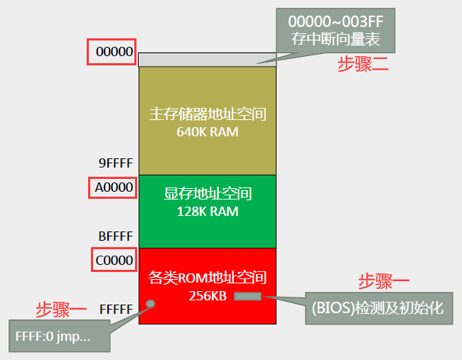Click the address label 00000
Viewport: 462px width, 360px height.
[x=112, y=52]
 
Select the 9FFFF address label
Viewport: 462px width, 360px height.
[x=116, y=163]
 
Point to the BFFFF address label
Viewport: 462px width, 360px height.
[x=116, y=236]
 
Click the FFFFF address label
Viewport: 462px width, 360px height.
[x=116, y=310]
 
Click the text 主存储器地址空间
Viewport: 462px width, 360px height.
[x=208, y=114]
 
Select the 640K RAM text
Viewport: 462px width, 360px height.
[x=208, y=132]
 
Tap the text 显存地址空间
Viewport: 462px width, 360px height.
[x=208, y=194]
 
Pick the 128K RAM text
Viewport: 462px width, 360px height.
[x=208, y=212]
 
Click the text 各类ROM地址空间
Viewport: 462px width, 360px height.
[x=208, y=277]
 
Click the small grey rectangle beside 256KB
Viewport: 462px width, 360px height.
[x=248, y=295]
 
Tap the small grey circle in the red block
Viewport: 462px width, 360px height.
[x=151, y=304]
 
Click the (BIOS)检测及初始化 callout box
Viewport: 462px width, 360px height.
[x=378, y=310]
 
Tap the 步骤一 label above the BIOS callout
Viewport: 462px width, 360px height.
[x=384, y=281]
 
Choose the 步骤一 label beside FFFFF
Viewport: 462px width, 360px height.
[x=62, y=309]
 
